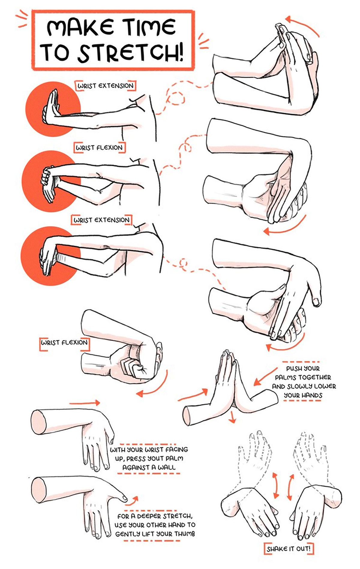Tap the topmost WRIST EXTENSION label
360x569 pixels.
[x=105, y=86]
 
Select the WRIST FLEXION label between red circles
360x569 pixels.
[x=99, y=148]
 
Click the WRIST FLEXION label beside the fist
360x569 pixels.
[x=64, y=342]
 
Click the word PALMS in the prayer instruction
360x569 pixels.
[x=286, y=377]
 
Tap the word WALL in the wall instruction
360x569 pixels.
[x=166, y=467]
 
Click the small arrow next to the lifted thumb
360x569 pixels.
[x=133, y=499]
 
